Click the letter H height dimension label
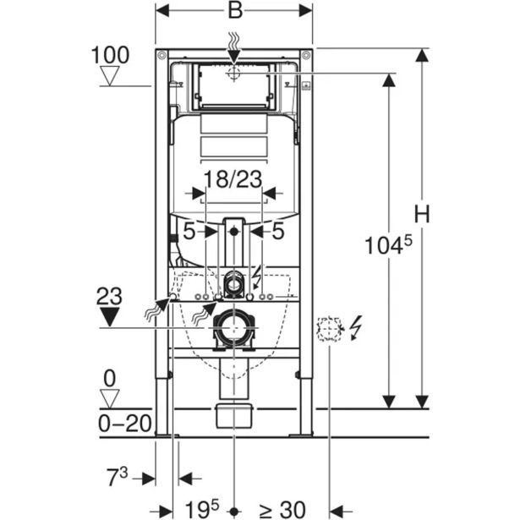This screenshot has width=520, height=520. [x=423, y=215]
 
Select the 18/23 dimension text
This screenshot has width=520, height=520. [x=233, y=178]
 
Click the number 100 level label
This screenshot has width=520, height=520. [x=110, y=57]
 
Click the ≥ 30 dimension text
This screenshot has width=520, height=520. [x=281, y=508]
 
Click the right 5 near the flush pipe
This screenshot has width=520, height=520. [x=276, y=229]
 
